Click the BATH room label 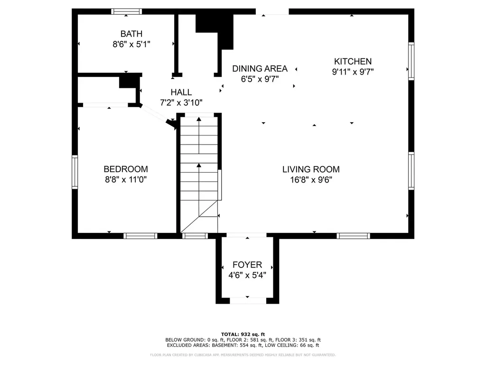pyautogui.click(x=131, y=34)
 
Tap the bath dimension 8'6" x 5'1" pyautogui.click(x=131, y=44)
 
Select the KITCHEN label pyautogui.click(x=353, y=61)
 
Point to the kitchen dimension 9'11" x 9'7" pyautogui.click(x=353, y=72)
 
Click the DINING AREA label pyautogui.click(x=260, y=68)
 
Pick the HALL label pyautogui.click(x=181, y=92)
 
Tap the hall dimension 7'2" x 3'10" pyautogui.click(x=181, y=103)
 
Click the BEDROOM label pyautogui.click(x=126, y=169)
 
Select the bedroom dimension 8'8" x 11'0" pyautogui.click(x=126, y=179)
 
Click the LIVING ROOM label pyautogui.click(x=311, y=169)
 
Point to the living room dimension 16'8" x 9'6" pyautogui.click(x=311, y=180)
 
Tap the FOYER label pyautogui.click(x=247, y=265)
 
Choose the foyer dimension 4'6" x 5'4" pyautogui.click(x=247, y=275)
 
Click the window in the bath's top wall pyautogui.click(x=126, y=11)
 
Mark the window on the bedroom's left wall pyautogui.click(x=75, y=172)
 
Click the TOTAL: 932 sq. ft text pyautogui.click(x=243, y=334)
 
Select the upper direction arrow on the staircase pyautogui.click(x=199, y=135)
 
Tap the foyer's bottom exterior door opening pyautogui.click(x=248, y=300)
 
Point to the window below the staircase pyautogui.click(x=195, y=236)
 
